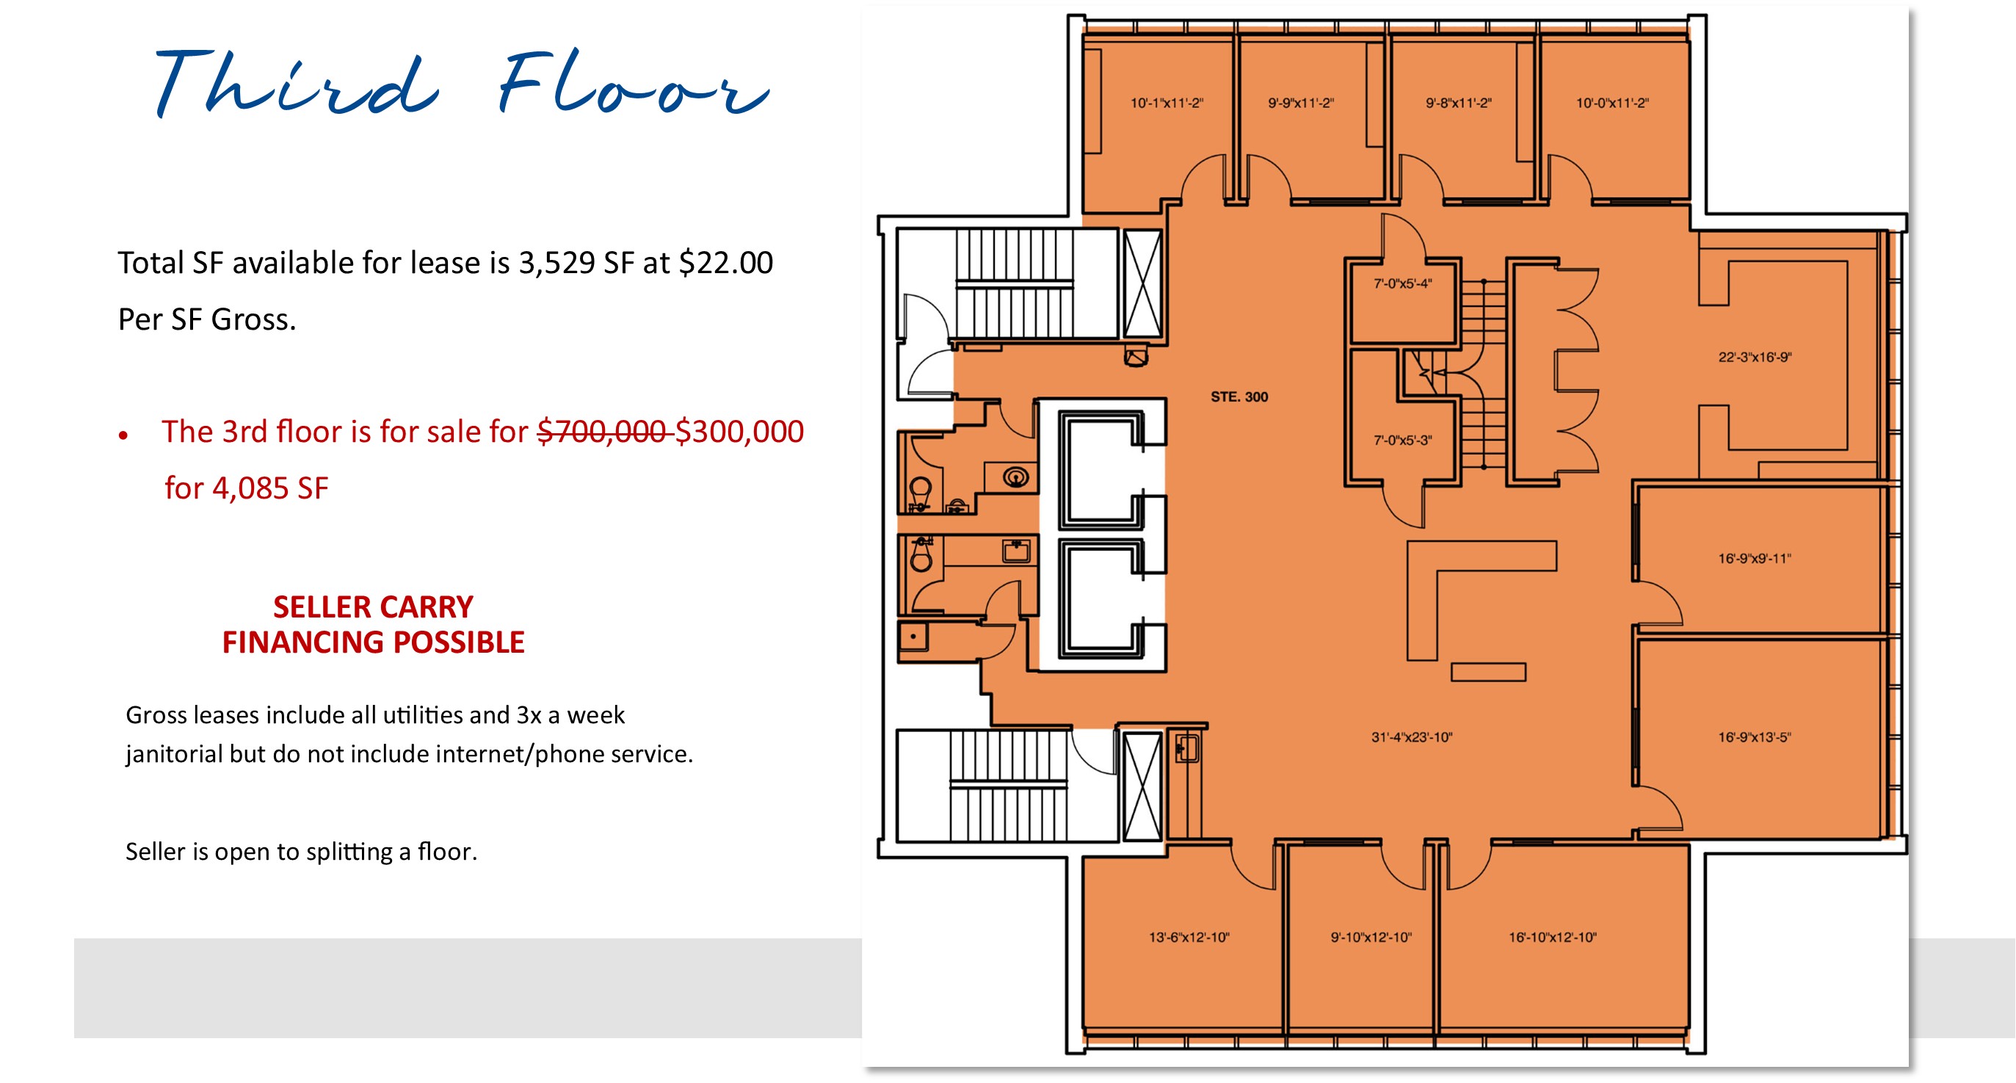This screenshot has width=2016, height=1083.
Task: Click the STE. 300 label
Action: pos(1239,396)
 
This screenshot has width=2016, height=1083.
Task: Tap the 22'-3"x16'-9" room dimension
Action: pos(1755,357)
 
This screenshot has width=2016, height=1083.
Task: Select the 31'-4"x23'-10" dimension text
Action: pos(1411,736)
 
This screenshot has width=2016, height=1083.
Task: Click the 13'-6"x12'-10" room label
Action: pos(1189,937)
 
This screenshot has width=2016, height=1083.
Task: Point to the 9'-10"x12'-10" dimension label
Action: pos(1371,937)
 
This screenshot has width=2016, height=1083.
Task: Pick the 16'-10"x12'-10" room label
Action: pos(1552,937)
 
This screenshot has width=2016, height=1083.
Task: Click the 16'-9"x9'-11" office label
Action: pos(1754,558)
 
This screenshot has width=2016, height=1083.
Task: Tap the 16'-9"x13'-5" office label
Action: pos(1754,736)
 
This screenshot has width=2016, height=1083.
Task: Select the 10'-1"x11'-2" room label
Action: pos(1166,103)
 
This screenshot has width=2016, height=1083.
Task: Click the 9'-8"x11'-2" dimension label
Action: pos(1458,103)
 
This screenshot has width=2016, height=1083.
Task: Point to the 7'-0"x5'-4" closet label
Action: pos(1402,283)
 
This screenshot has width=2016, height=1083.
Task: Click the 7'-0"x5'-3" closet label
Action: pos(1402,440)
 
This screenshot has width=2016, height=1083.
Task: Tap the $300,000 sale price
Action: pos(739,431)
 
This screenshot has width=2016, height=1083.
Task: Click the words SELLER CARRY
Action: pos(372,606)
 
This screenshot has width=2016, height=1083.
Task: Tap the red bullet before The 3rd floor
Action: pos(123,435)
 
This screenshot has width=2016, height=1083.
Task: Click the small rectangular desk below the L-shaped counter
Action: pos(1487,671)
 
